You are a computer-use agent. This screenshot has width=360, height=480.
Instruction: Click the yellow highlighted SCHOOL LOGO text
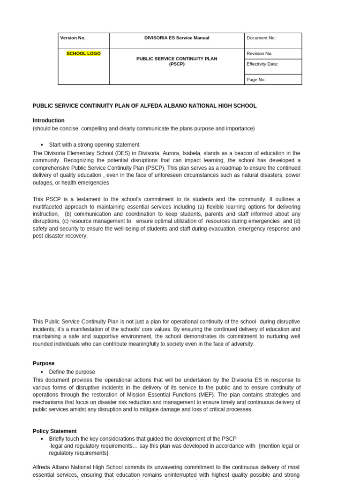click(x=83, y=53)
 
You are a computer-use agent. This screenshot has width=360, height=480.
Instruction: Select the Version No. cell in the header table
click(x=73, y=38)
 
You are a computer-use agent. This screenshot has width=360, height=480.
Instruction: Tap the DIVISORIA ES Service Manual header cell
click(x=177, y=38)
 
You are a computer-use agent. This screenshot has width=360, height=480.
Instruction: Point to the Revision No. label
click(x=259, y=53)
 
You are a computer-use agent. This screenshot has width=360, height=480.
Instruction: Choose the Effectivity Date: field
click(x=262, y=64)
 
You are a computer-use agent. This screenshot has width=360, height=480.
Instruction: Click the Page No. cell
click(x=256, y=80)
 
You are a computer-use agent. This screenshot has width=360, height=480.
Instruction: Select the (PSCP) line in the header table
click(x=177, y=64)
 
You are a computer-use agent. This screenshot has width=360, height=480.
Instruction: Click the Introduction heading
click(x=48, y=120)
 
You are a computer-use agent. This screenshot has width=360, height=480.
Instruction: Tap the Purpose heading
click(x=43, y=363)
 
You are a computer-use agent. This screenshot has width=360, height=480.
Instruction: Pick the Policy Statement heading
click(x=54, y=431)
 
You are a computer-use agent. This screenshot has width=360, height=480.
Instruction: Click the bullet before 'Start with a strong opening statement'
click(x=42, y=145)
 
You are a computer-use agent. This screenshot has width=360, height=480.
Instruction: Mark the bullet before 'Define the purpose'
click(x=42, y=372)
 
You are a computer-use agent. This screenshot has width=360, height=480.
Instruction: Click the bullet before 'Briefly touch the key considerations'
click(x=42, y=439)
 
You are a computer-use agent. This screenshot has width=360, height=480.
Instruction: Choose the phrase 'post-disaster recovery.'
click(x=60, y=236)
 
